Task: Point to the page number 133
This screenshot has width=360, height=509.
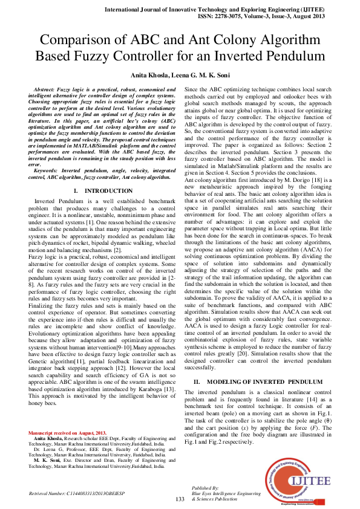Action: pos(180,499)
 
